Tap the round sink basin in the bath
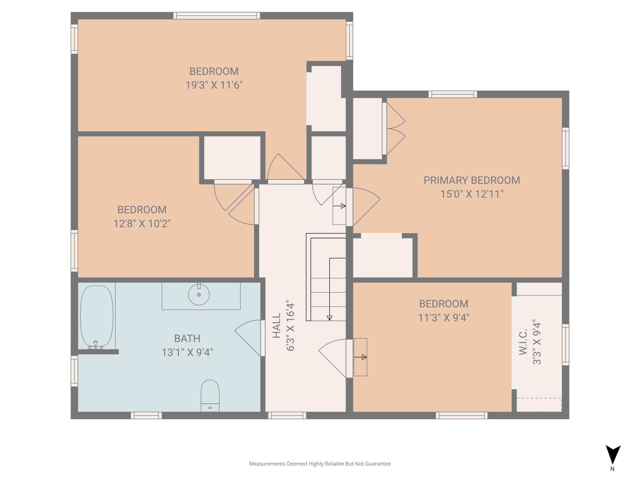pyautogui.click(x=199, y=295)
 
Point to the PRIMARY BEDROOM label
pyautogui.click(x=472, y=180)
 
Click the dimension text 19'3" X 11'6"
pyautogui.click(x=214, y=85)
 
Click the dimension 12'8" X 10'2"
pyautogui.click(x=142, y=224)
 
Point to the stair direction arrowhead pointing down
pyautogui.click(x=329, y=318)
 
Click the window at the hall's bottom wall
pyautogui.click(x=287, y=416)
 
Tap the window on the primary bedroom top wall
pyautogui.click(x=452, y=94)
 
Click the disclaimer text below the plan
pyautogui.click(x=320, y=464)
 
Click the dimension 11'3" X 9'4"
pyautogui.click(x=444, y=318)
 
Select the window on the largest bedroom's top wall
pyautogui.click(x=216, y=16)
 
